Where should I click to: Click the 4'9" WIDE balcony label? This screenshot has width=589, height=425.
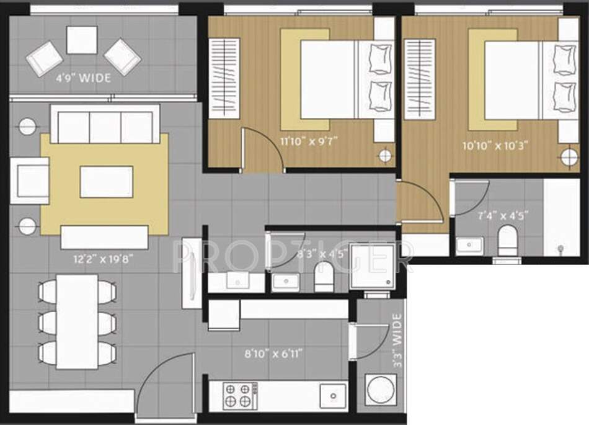[x=84, y=78]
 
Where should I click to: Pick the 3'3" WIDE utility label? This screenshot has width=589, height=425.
[x=397, y=342]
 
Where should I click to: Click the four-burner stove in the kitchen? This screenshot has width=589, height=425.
[x=241, y=395]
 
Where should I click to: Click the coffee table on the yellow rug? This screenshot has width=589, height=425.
[x=106, y=182]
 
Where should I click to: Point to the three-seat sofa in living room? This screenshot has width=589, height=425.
[x=105, y=124]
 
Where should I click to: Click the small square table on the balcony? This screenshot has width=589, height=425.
[x=82, y=40]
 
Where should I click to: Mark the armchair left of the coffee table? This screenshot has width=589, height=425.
[x=29, y=181]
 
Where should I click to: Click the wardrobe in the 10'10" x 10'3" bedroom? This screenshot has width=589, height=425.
[x=418, y=78]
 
